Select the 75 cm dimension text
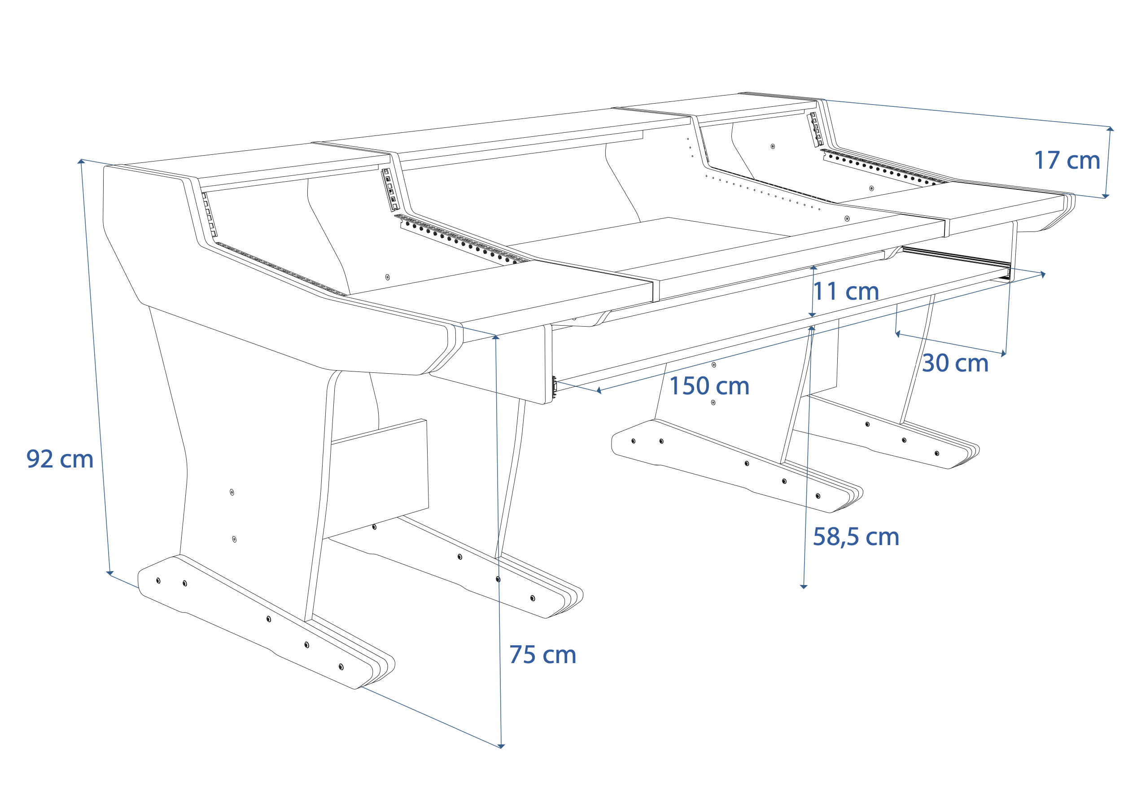click(542, 655)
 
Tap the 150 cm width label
click(709, 386)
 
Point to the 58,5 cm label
click(856, 537)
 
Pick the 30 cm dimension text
click(955, 363)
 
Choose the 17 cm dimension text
click(1067, 161)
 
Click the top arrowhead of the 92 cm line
click(82, 161)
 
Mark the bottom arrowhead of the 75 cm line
click(501, 747)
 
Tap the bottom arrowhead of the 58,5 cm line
click(804, 587)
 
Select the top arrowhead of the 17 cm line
click(1110, 129)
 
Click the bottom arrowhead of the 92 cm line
click(110, 573)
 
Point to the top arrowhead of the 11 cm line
click(813, 267)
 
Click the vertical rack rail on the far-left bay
click(209, 215)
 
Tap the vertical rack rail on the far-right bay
click(816, 129)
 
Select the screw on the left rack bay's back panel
click(387, 277)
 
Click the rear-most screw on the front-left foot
click(158, 581)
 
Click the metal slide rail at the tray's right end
click(956, 264)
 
